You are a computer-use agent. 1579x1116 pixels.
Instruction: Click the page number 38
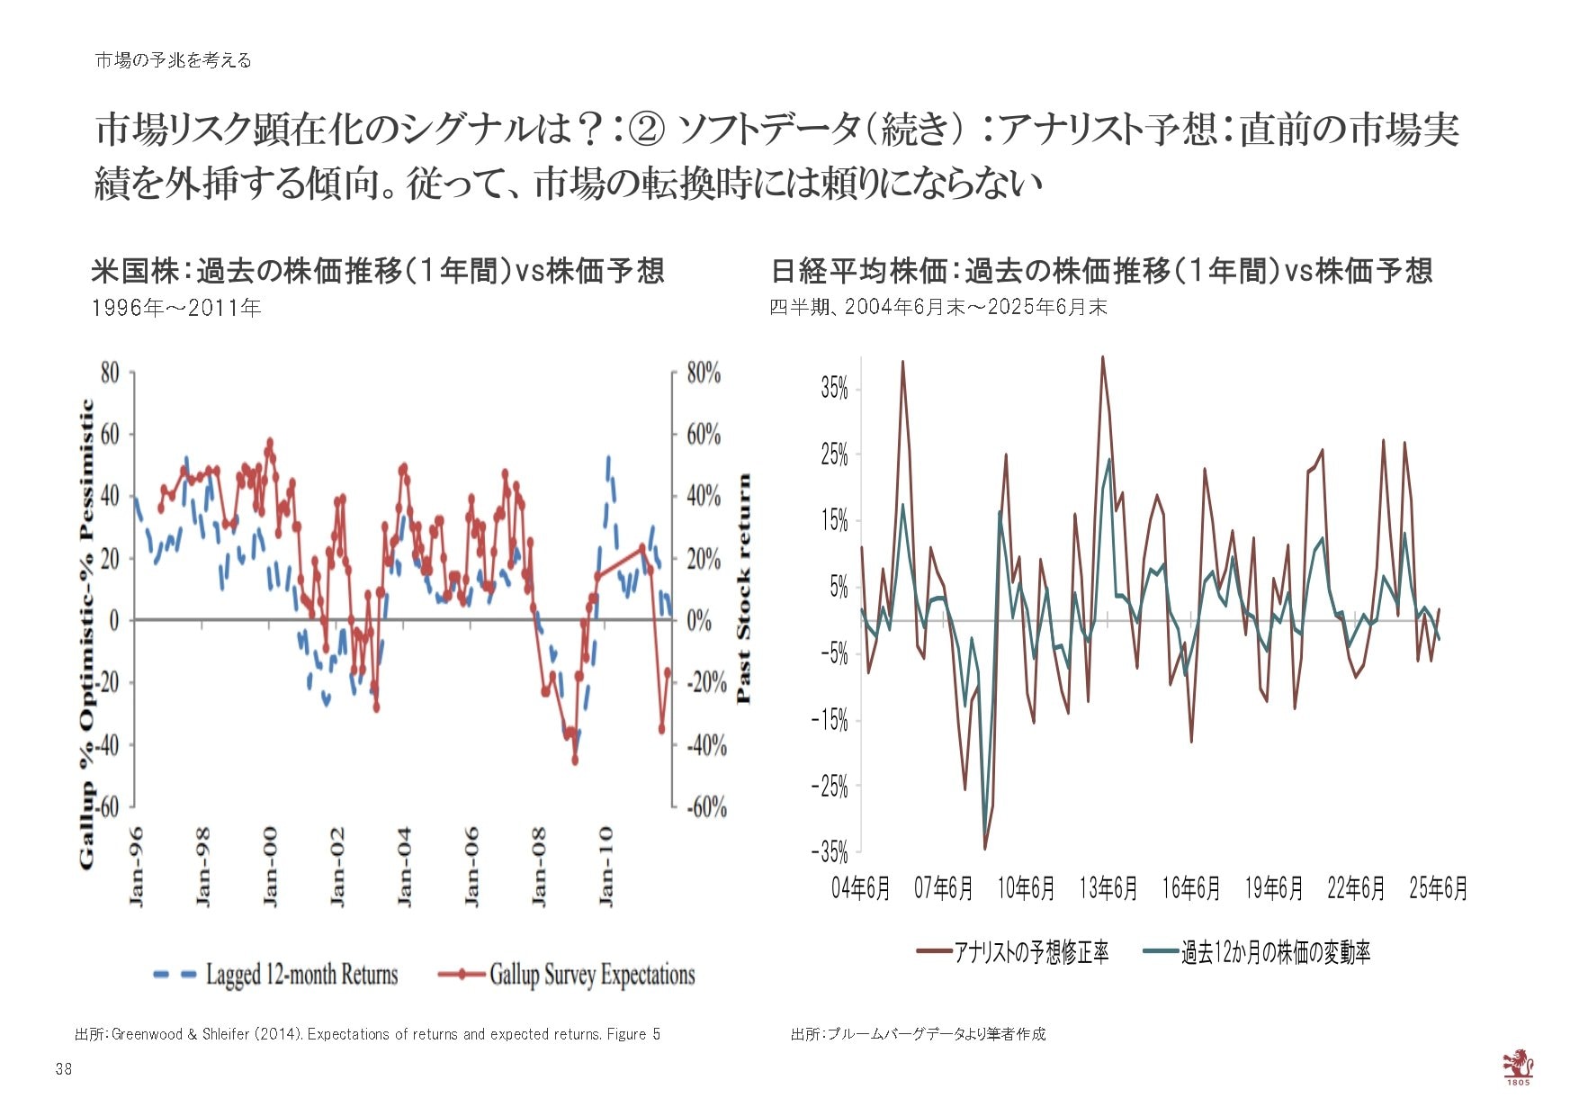click(63, 1069)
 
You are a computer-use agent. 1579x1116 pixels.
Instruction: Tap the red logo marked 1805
click(1518, 1066)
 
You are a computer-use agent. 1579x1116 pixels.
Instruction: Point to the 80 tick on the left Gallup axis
click(109, 373)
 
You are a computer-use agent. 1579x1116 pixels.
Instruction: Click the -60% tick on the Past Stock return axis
click(706, 806)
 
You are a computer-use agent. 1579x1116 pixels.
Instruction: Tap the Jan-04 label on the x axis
click(404, 866)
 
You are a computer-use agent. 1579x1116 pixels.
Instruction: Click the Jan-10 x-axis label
click(606, 866)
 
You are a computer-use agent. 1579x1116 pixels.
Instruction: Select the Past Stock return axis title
click(743, 589)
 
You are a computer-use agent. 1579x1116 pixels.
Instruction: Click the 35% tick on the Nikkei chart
click(834, 389)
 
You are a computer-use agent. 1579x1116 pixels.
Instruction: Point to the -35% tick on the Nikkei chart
click(830, 851)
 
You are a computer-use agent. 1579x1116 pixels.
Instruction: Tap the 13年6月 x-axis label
click(1108, 889)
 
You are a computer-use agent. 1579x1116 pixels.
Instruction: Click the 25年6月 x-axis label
click(1438, 889)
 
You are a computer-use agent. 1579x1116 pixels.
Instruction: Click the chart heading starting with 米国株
click(378, 271)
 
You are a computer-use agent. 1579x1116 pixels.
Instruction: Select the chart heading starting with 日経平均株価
click(1101, 271)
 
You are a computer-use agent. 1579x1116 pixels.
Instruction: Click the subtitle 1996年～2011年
click(176, 308)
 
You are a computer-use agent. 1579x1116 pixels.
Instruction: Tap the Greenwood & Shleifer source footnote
click(367, 1034)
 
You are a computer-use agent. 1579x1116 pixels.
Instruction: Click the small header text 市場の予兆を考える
click(173, 60)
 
